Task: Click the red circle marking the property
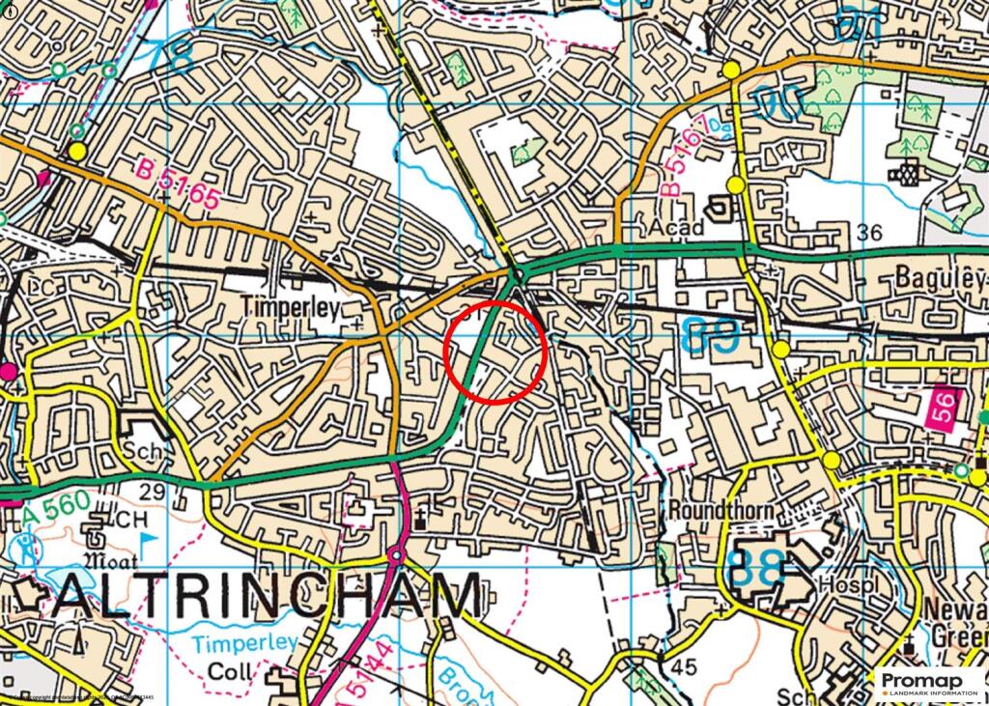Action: click(x=496, y=352)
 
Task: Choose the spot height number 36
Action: click(x=869, y=232)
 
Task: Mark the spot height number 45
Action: click(x=684, y=665)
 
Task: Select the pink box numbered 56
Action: click(x=944, y=404)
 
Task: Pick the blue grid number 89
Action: click(x=712, y=336)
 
